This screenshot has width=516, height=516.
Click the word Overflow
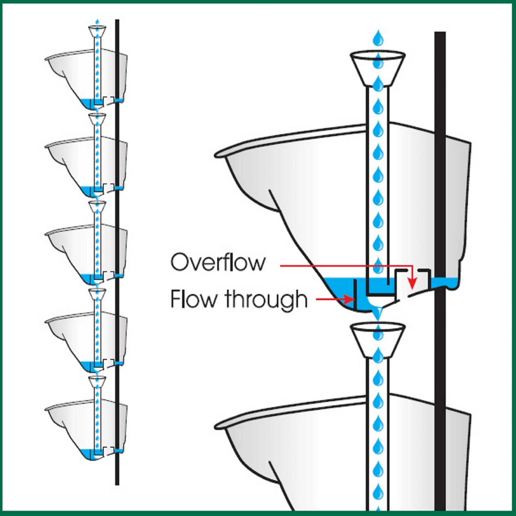pyautogui.click(x=218, y=262)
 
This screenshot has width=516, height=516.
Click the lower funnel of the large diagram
pyautogui.click(x=378, y=339)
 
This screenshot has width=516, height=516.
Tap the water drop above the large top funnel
pyautogui.click(x=378, y=38)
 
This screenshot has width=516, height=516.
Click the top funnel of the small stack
pyautogui.click(x=97, y=31)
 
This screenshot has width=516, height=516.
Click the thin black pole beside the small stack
pyautogui.click(x=117, y=250)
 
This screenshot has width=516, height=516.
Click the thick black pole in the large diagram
pyautogui.click(x=440, y=214)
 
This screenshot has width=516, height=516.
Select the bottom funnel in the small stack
pyautogui.click(x=97, y=381)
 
